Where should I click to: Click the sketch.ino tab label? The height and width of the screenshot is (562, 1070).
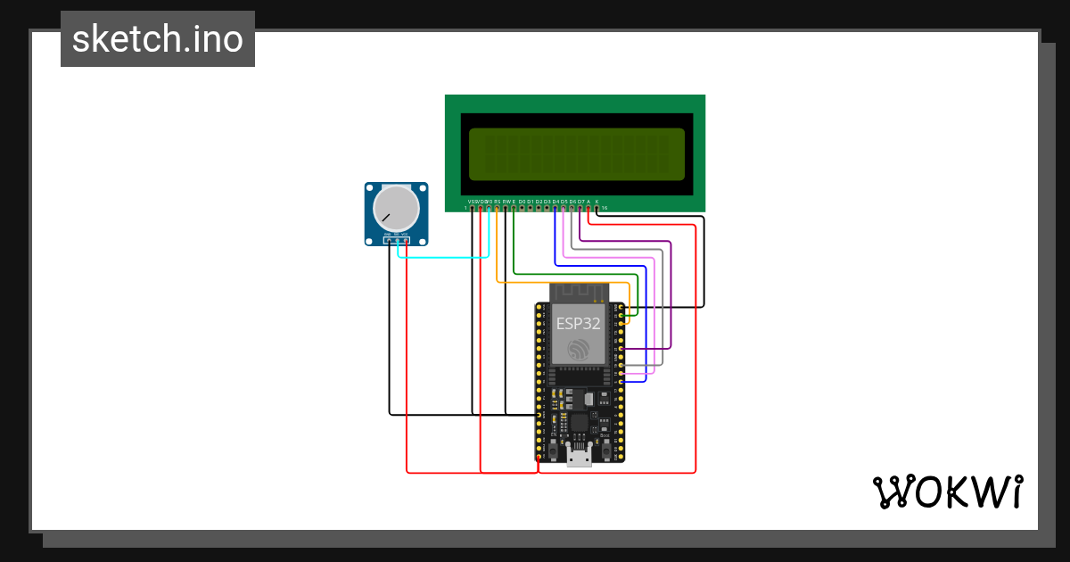[158, 39]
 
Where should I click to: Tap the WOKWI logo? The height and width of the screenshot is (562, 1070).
[947, 492]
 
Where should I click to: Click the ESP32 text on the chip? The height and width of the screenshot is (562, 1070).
[578, 323]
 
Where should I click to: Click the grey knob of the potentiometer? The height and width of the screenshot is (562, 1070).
[395, 207]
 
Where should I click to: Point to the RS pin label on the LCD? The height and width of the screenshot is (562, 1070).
[498, 202]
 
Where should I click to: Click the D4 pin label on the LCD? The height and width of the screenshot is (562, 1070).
[556, 202]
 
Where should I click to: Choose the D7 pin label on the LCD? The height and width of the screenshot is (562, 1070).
[580, 202]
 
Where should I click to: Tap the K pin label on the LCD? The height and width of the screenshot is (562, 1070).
[597, 202]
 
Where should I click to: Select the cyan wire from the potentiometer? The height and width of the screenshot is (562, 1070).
[446, 258]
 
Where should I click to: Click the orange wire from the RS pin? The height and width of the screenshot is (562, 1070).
[562, 282]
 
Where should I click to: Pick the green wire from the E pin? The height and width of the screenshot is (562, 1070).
[571, 273]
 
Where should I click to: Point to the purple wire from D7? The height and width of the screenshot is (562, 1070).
[671, 294]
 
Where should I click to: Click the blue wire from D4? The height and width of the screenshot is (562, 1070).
[597, 265]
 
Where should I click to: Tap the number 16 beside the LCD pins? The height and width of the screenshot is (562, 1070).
[605, 209]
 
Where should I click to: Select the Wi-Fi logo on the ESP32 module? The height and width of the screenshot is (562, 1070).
[579, 349]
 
